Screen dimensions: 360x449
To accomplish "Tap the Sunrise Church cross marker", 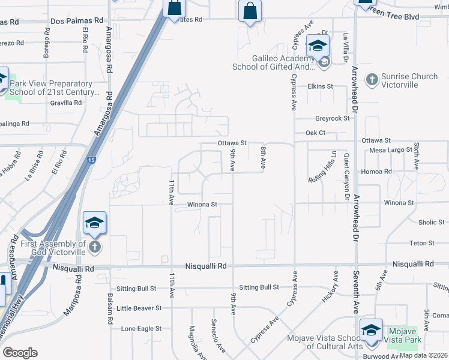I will pyautogui.click(x=372, y=79).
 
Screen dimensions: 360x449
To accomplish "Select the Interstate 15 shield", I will pyautogui.click(x=90, y=160).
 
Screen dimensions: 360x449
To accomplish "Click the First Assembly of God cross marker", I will pyautogui.click(x=94, y=247).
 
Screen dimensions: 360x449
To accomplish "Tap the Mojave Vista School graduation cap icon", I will pyautogui.click(x=371, y=331).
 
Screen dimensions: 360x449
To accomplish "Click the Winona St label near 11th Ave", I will pyautogui.click(x=202, y=205).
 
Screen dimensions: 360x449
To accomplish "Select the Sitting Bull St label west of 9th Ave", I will pyautogui.click(x=259, y=287).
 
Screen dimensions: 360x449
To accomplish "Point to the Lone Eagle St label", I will pyautogui.click(x=141, y=329).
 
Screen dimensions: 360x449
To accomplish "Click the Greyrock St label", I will pyautogui.click(x=333, y=119).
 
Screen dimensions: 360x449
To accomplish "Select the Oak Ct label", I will pyautogui.click(x=315, y=133).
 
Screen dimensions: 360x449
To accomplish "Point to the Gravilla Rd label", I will pyautogui.click(x=66, y=103).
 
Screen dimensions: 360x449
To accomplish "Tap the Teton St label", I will pyautogui.click(x=421, y=243).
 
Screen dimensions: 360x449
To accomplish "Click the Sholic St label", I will pyautogui.click(x=431, y=223).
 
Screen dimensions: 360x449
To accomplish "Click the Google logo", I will pyautogui.click(x=20, y=353).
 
